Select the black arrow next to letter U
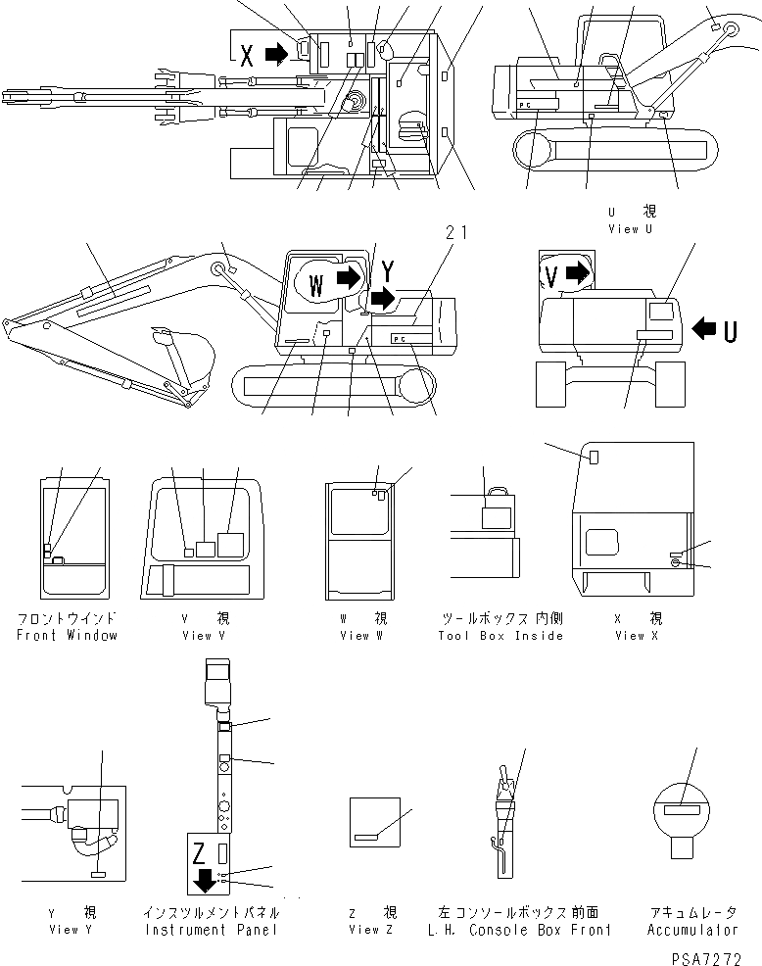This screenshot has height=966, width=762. tap(705, 329)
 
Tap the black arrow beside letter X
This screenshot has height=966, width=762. tap(277, 55)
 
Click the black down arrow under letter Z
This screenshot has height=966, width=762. tap(205, 879)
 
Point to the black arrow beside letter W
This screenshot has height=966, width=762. tap(347, 278)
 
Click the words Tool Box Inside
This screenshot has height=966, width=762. tap(502, 636)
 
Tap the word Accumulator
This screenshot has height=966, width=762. tap(691, 930)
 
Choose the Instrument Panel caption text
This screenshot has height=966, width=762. tap(211, 930)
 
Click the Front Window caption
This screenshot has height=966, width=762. tap(67, 635)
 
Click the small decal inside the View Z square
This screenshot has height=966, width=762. tap(368, 837)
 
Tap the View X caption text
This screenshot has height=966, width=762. tap(638, 636)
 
